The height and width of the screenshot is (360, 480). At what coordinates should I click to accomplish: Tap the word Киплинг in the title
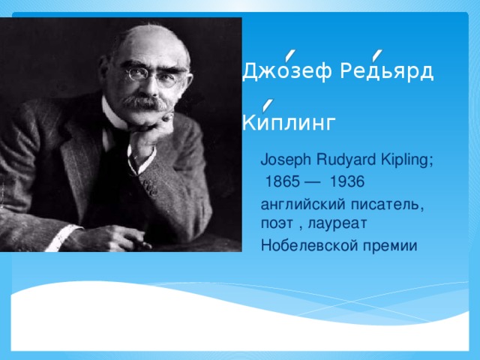[289, 122]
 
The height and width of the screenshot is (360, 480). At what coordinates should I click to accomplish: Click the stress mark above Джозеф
[289, 52]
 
